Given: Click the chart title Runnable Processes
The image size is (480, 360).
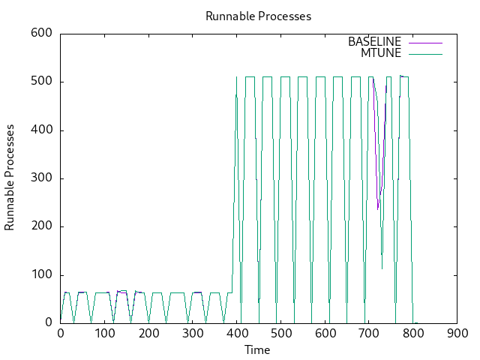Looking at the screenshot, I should click(258, 16).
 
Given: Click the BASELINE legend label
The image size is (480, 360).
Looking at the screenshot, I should click(374, 42).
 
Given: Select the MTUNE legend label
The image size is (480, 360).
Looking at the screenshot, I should click(381, 52).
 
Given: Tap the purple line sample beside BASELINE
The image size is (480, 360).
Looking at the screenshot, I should click(425, 42).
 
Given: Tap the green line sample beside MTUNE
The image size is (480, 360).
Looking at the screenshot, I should click(425, 52).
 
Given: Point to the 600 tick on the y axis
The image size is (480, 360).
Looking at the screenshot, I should click(41, 34).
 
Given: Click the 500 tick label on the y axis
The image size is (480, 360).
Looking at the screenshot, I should click(41, 82).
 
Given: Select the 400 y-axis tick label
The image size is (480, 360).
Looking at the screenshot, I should click(41, 130).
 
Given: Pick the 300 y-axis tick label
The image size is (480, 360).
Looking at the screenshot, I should click(41, 178).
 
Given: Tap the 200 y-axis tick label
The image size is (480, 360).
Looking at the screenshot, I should click(41, 226).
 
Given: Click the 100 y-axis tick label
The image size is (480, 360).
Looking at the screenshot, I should click(41, 275).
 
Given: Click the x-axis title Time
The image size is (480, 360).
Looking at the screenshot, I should click(257, 349).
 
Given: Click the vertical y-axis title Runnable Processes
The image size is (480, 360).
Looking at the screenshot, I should click(10, 178).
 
